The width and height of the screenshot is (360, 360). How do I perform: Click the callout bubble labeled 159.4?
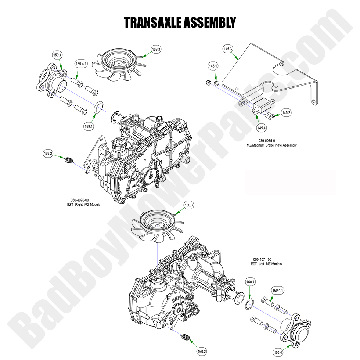coord(58,55)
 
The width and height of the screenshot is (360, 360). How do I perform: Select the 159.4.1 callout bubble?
coord(82,64)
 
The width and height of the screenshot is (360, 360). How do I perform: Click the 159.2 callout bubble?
coord(48,153)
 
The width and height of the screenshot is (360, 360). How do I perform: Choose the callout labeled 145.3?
coord(228,49)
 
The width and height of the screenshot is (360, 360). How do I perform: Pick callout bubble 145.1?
coord(213,66)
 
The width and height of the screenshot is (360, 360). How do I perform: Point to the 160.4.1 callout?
coord(278,290)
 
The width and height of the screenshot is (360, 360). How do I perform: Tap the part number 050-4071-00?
coord(262,259)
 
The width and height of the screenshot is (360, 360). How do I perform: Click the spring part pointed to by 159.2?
coord(69,160)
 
